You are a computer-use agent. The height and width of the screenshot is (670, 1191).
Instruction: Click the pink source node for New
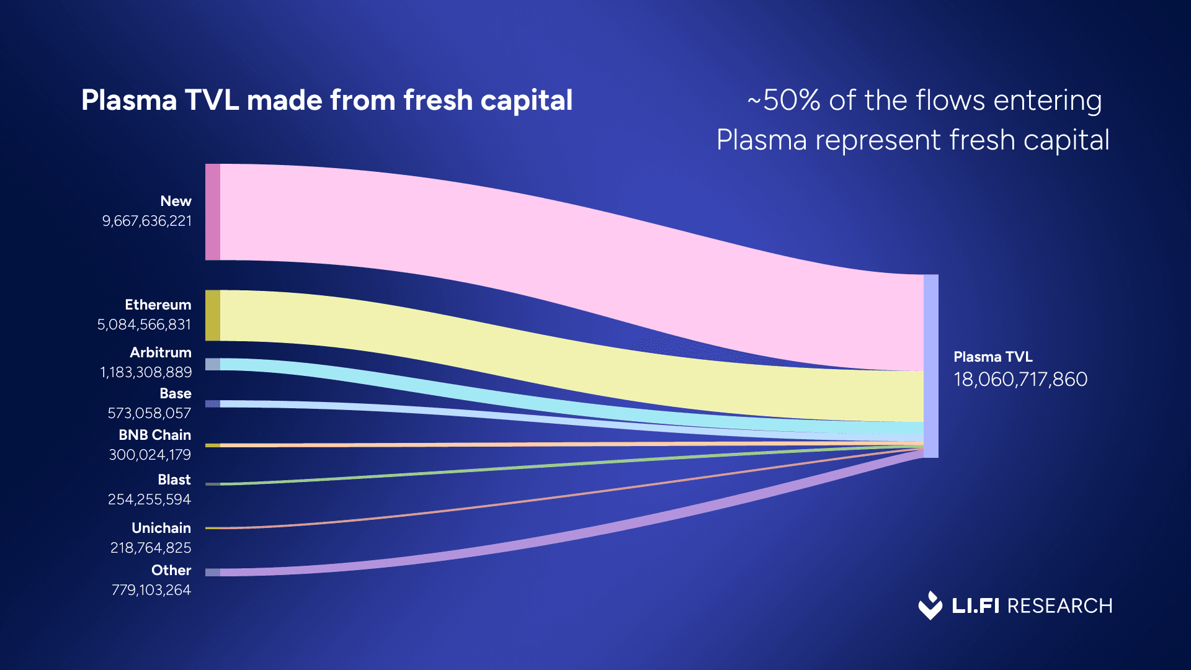(x=213, y=212)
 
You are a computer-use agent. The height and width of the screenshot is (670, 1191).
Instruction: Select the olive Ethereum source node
(x=213, y=315)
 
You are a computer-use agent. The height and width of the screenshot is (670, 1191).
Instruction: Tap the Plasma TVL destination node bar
(x=930, y=366)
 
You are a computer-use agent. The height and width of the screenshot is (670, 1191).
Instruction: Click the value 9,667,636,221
(x=147, y=221)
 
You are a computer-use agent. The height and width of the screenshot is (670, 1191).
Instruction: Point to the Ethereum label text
(x=158, y=305)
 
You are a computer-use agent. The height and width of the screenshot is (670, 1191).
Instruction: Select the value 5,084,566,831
(x=145, y=325)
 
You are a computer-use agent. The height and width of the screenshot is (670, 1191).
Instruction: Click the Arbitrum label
(x=161, y=352)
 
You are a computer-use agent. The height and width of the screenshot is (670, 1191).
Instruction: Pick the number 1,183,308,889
(x=146, y=372)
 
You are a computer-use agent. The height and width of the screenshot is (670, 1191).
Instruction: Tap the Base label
(x=176, y=393)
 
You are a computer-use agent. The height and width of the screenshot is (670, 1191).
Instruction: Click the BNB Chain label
(x=155, y=435)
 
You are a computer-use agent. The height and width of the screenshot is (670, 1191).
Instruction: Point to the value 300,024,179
(x=150, y=455)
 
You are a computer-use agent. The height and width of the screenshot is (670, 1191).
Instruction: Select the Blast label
(x=174, y=480)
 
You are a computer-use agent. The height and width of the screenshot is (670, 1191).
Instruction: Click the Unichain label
(x=161, y=528)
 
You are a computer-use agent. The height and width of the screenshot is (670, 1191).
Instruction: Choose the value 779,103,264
(x=151, y=590)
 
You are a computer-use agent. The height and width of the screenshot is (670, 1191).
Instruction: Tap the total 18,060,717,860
(x=1020, y=380)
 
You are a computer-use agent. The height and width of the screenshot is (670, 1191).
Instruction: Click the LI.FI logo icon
(x=930, y=605)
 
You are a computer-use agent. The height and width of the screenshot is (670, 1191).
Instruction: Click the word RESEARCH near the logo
(x=1059, y=606)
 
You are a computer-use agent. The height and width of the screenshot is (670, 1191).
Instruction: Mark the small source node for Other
(x=213, y=572)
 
